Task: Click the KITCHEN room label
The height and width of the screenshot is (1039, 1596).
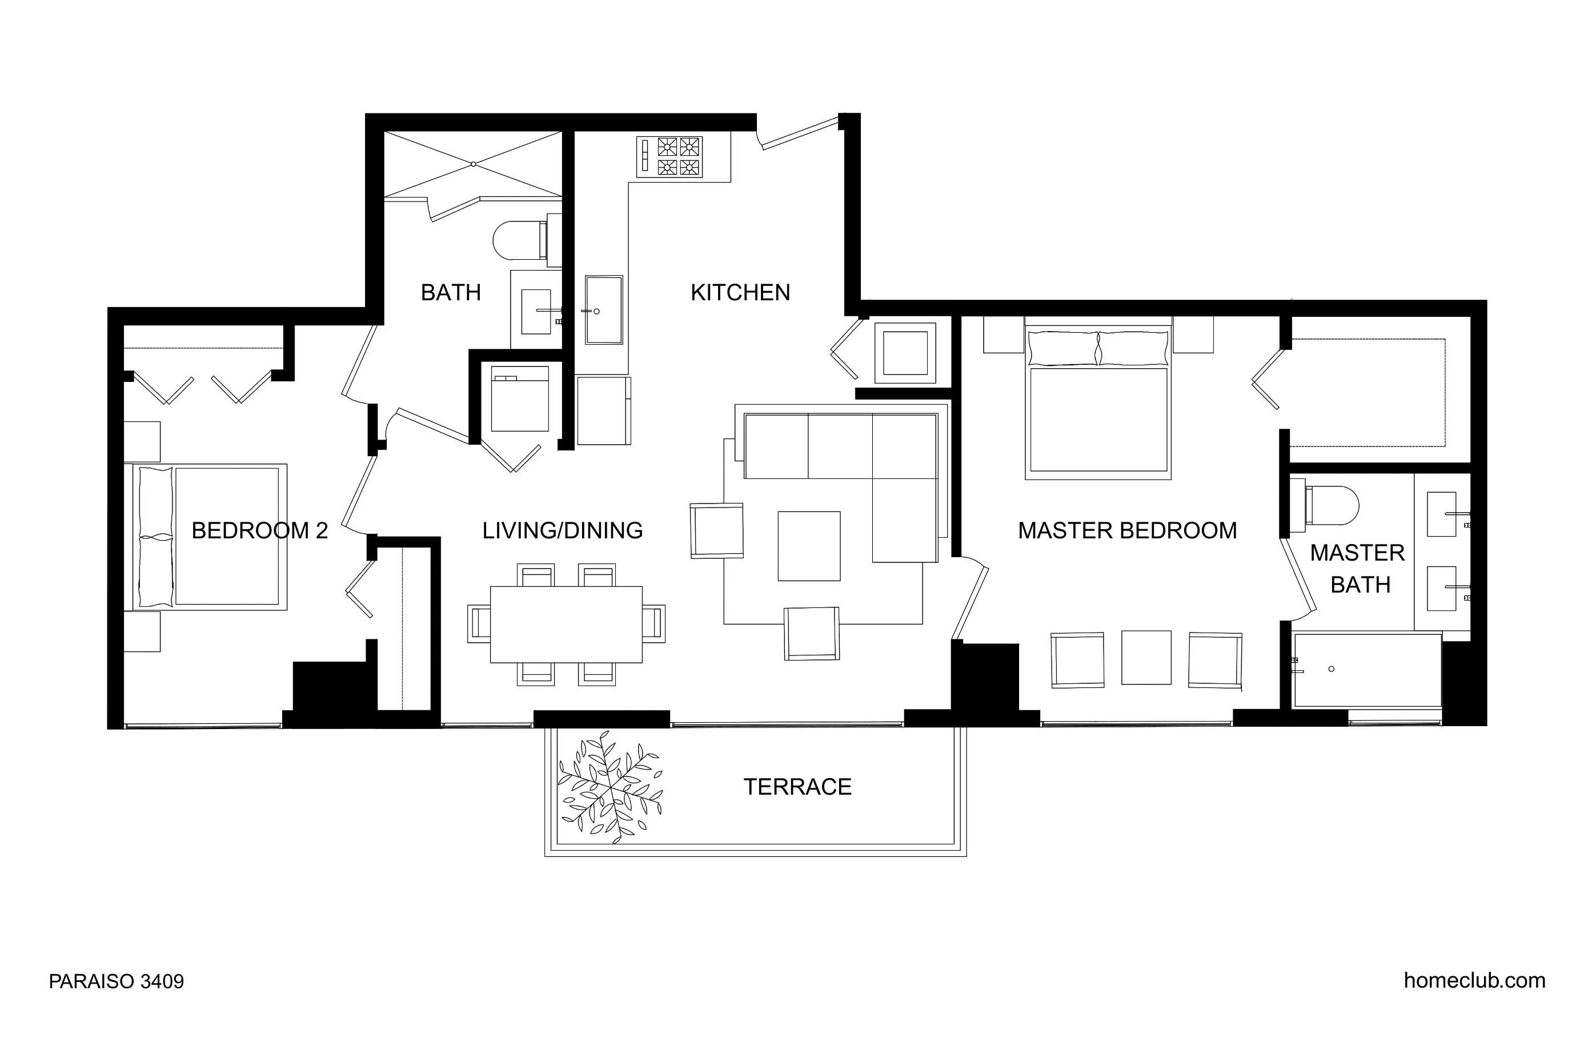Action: coord(740,293)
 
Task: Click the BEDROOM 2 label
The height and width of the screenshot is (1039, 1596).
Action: coord(259,531)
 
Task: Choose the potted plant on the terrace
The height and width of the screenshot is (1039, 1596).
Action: coord(611,789)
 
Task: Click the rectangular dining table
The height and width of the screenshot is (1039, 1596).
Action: coord(566,624)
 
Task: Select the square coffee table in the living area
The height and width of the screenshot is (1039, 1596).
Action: coord(808,546)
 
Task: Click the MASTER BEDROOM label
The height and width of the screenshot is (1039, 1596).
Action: coord(1126,531)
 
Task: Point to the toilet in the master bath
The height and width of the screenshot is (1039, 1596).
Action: coord(1331,505)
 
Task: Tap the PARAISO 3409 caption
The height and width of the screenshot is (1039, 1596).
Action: coord(116,981)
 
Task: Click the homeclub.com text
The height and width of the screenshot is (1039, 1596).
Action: coord(1474,980)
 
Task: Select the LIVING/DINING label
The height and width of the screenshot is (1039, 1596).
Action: coord(562,531)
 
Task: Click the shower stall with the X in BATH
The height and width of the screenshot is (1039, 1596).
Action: coord(473,164)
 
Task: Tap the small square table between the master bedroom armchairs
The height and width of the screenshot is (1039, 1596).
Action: coord(1145,658)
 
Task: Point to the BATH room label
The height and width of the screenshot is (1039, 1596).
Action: coord(450,293)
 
